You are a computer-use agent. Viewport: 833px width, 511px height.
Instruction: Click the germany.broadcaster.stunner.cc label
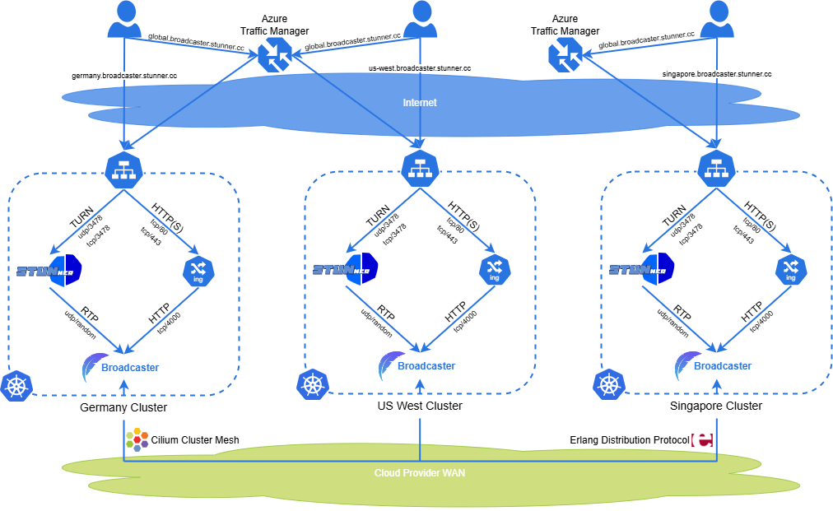(124, 75)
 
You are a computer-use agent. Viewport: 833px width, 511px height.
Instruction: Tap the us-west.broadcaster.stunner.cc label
(419, 68)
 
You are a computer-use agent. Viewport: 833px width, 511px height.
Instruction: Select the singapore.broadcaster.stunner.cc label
(716, 74)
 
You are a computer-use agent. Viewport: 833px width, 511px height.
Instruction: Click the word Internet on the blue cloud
(419, 103)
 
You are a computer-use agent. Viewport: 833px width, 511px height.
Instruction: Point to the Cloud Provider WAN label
(419, 473)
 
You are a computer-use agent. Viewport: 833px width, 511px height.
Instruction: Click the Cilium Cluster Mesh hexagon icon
(137, 439)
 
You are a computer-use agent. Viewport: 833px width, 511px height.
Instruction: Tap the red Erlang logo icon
(704, 440)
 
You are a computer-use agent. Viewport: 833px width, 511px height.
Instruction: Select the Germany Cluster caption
(123, 407)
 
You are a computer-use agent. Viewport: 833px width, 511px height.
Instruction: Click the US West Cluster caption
(419, 406)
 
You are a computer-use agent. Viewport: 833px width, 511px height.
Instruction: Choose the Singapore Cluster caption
(716, 406)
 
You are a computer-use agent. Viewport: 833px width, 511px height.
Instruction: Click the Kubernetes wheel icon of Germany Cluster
(16, 386)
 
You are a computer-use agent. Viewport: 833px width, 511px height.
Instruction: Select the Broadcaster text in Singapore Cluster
(722, 365)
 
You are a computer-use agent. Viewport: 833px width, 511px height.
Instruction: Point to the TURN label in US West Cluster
(379, 218)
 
